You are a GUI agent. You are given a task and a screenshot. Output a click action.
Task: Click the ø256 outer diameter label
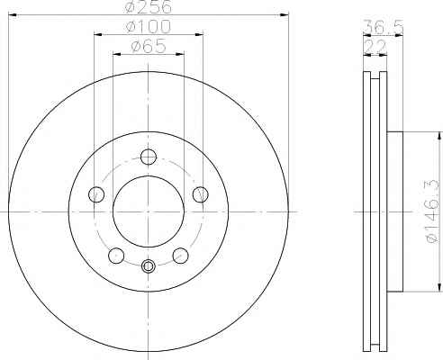pyautogui.click(x=149, y=6)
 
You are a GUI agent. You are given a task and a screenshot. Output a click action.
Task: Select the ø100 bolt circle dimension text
pyautogui.click(x=149, y=26)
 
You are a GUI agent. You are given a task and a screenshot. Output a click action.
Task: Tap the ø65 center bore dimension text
pyautogui.click(x=149, y=46)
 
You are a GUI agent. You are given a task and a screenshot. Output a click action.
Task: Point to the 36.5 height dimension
pyautogui.click(x=384, y=27)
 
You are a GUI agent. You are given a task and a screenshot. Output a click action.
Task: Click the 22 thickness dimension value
pyautogui.click(x=375, y=47)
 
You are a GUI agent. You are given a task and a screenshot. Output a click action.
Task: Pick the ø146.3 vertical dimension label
pyautogui.click(x=432, y=211)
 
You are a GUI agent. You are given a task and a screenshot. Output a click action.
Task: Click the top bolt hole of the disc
pyautogui.click(x=149, y=157)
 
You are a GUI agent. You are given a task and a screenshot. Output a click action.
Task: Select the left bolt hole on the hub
pyautogui.click(x=96, y=194)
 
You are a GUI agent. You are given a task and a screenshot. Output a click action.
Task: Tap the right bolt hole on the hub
pyautogui.click(x=200, y=194)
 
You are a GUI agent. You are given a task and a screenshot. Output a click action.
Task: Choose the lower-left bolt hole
pyautogui.click(x=116, y=256)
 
